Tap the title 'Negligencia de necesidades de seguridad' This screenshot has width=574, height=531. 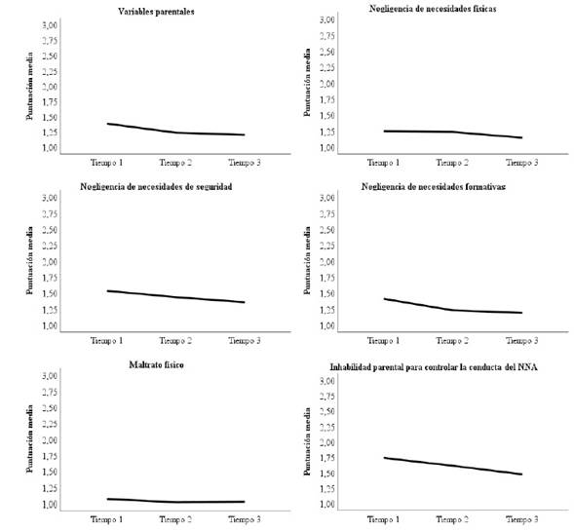click(x=160, y=185)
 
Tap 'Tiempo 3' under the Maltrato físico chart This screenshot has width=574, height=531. click(x=244, y=518)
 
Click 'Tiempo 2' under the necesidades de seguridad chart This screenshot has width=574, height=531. click(x=175, y=340)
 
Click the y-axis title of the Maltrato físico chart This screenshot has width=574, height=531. click(x=30, y=440)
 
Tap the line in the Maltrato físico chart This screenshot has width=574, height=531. click(x=175, y=502)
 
